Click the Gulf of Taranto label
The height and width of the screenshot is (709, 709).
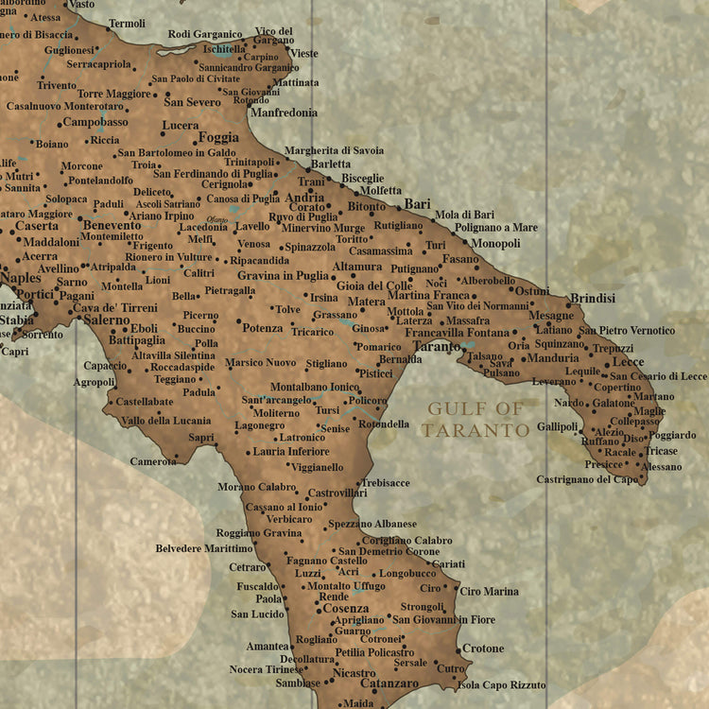click(476, 420)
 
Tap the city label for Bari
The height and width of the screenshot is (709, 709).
click(417, 204)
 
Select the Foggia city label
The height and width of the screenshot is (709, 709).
click(218, 137)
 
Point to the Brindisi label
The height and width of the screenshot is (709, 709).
click(593, 299)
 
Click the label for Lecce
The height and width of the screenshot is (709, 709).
click(628, 362)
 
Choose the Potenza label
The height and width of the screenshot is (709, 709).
click(263, 328)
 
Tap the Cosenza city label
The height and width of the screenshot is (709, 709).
click(345, 609)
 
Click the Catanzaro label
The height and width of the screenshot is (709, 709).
click(389, 683)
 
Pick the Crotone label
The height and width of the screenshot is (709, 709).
click(483, 648)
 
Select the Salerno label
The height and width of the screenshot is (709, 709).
click(106, 320)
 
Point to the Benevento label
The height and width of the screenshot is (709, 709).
click(112, 225)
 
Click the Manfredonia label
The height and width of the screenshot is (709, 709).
click(284, 112)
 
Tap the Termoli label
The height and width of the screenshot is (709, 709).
click(127, 24)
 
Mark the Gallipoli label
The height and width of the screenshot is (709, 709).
click(558, 427)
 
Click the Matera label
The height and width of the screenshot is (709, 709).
click(366, 303)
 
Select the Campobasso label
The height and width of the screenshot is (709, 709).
click(95, 122)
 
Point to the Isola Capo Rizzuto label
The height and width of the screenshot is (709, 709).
click(501, 684)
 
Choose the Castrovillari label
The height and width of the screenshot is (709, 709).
click(337, 493)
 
